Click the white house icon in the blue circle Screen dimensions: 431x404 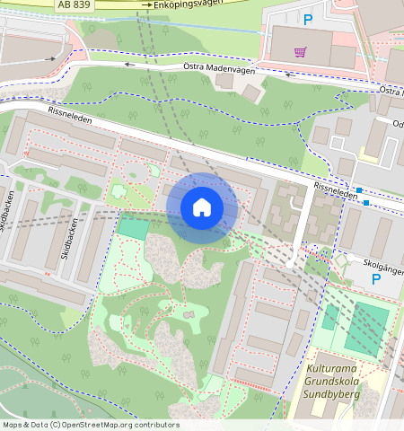coord(202,207)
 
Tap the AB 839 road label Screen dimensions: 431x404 coord(73,4)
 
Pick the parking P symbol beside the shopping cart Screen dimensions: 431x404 coord(308,20)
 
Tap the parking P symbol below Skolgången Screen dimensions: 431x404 coord(376,280)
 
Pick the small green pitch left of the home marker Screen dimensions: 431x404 coord(133,227)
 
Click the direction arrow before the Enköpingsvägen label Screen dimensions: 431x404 coord(146,5)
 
